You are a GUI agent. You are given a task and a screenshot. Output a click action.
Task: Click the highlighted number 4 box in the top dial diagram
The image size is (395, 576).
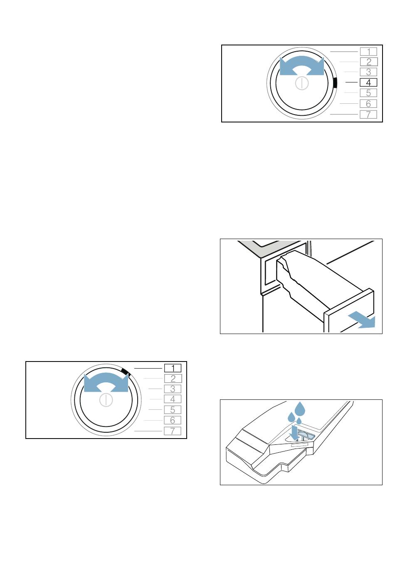(368, 82)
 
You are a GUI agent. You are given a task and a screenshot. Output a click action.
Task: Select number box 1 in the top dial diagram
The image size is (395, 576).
(368, 52)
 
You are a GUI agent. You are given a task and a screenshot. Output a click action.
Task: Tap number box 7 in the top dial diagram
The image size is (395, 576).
(368, 114)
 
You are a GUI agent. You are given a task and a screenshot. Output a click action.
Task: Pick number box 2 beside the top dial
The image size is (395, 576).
(369, 62)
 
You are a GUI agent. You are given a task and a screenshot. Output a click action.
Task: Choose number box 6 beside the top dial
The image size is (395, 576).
(368, 104)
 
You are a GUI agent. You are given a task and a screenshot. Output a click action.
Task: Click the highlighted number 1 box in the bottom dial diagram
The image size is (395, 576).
(173, 368)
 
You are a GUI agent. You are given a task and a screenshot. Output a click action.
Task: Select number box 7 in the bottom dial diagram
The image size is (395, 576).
(173, 431)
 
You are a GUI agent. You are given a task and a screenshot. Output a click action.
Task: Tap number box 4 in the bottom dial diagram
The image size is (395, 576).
(173, 399)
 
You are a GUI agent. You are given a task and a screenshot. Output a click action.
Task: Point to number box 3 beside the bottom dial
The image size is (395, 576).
(173, 389)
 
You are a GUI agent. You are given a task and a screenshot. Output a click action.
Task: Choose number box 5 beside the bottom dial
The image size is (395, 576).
(173, 410)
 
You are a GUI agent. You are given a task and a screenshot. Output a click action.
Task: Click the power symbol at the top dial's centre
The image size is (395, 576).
(302, 83)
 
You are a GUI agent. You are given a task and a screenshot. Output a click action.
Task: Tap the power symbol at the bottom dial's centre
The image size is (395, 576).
(106, 400)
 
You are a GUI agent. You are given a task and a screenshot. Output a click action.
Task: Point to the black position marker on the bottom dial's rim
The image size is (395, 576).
(125, 372)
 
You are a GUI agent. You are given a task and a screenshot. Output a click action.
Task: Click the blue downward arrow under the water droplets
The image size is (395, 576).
(294, 433)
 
